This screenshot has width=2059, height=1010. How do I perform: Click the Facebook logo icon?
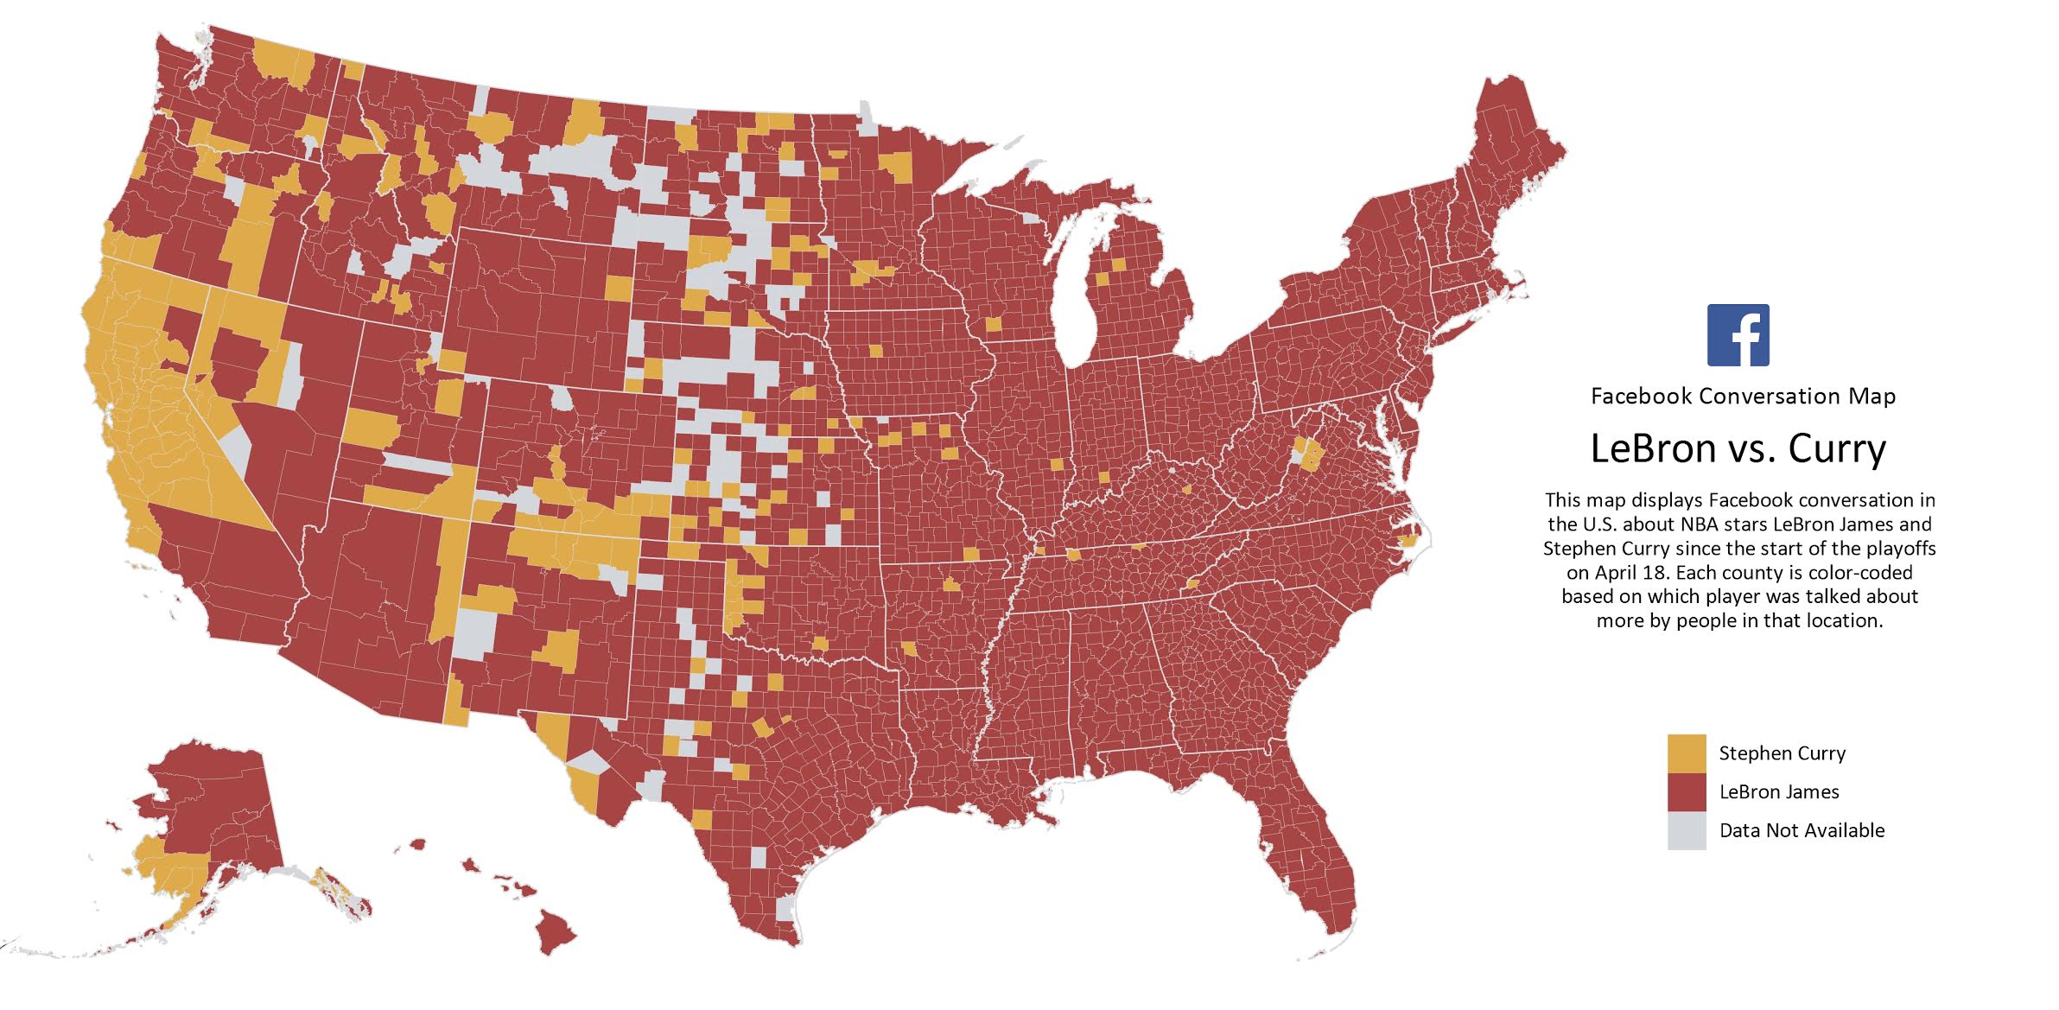click(x=1738, y=335)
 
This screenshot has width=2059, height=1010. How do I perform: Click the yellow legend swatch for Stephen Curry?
click(x=1687, y=753)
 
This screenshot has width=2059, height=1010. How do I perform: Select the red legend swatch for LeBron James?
click(x=1687, y=792)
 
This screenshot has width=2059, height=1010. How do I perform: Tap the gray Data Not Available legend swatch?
click(x=1687, y=830)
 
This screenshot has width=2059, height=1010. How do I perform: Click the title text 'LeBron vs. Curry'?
click(x=1738, y=448)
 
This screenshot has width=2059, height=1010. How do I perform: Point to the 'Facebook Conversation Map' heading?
click(x=1743, y=397)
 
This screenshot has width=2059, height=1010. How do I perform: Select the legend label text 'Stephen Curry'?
click(x=1782, y=753)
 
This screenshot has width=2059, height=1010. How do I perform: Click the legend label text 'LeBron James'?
click(x=1778, y=792)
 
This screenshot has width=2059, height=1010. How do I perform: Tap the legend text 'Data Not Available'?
click(x=1802, y=830)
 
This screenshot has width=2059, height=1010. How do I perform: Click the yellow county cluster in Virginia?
click(x=1307, y=454)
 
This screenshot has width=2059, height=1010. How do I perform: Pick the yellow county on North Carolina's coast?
click(x=1407, y=542)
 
